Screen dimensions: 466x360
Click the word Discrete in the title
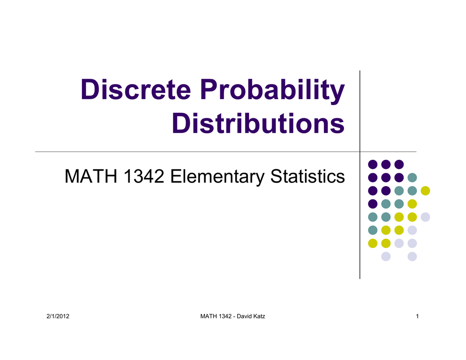coord(136,89)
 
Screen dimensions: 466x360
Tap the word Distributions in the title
coord(258,123)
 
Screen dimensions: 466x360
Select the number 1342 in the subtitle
coord(144,176)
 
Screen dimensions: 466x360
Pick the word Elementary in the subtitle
coord(217,177)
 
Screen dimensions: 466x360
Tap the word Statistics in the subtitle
coord(308,176)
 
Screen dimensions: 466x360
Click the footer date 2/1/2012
coord(58,316)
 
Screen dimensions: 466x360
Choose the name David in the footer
coord(244,316)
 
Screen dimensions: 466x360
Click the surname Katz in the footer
coord(259,316)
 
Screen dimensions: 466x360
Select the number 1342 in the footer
coord(225,316)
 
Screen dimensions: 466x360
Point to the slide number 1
coord(417,316)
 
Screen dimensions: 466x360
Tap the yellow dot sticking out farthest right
coord(425,191)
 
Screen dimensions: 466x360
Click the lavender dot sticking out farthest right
coord(425,217)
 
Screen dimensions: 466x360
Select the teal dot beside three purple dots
coord(412,178)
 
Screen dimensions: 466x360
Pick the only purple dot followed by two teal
coord(373,204)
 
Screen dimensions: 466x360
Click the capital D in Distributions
coord(181,123)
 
